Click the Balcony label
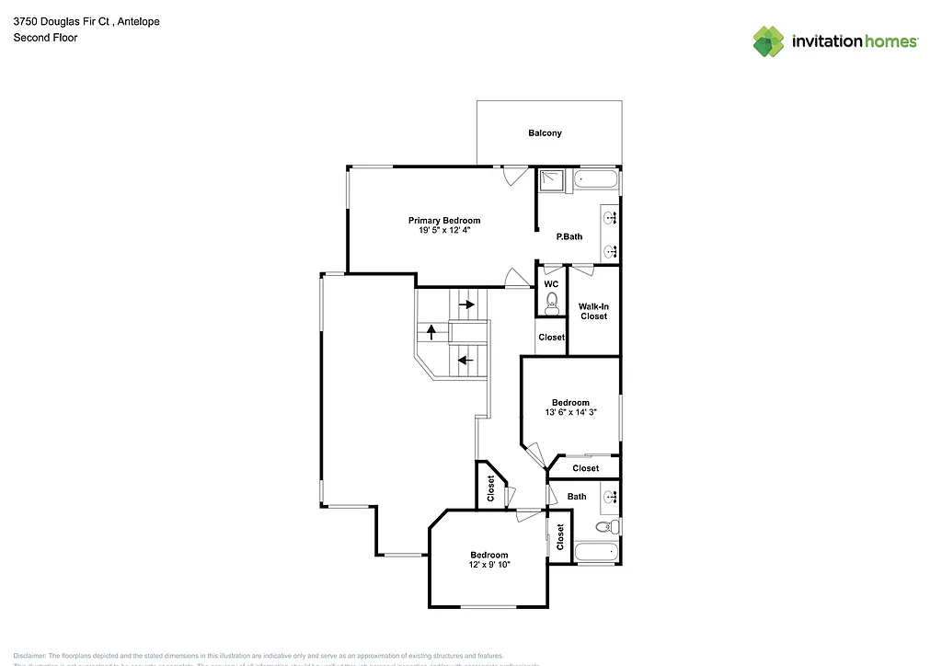tap(545, 133)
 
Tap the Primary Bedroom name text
tap(444, 221)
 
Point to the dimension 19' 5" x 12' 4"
tap(444, 231)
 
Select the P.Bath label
tap(569, 236)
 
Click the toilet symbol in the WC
tap(551, 300)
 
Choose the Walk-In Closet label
tap(593, 311)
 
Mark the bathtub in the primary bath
tap(596, 179)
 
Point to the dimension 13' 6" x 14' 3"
tap(570, 413)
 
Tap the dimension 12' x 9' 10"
tap(489, 565)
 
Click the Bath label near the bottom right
tap(577, 497)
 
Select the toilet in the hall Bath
tap(605, 527)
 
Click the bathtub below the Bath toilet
tap(596, 554)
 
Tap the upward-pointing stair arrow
tap(431, 331)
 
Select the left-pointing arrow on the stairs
tap(465, 360)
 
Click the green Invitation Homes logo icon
tap(769, 41)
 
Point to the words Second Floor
tap(45, 38)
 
